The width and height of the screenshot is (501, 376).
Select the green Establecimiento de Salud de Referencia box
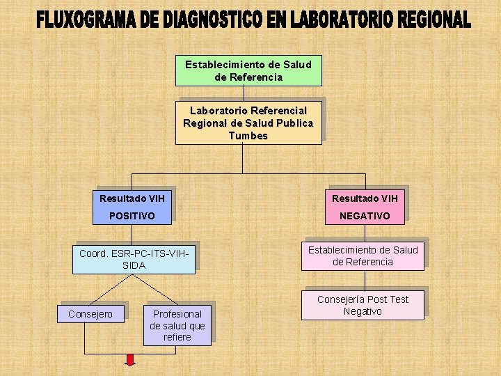click(x=248, y=70)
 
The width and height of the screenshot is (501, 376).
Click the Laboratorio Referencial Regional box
click(x=248, y=123)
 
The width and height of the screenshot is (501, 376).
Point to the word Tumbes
click(x=248, y=136)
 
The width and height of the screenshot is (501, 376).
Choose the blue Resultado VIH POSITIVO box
click(x=132, y=207)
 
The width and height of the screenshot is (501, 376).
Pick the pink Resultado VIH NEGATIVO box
click(x=365, y=207)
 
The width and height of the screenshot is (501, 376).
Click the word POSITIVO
click(x=132, y=217)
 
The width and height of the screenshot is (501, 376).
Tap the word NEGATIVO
click(x=365, y=217)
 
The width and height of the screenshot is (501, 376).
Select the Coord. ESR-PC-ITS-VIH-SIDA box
click(x=134, y=259)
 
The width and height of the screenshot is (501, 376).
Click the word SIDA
click(x=134, y=265)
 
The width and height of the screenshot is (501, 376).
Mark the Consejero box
click(x=90, y=314)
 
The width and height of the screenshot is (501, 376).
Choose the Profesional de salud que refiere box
click(x=177, y=325)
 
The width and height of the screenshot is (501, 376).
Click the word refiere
click(x=177, y=337)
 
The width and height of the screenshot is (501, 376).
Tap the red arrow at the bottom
click(x=130, y=359)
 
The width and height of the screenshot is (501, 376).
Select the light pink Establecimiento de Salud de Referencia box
click(x=362, y=256)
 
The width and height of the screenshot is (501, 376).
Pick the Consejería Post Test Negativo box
click(x=362, y=306)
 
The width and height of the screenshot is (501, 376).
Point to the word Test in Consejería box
click(x=398, y=299)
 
